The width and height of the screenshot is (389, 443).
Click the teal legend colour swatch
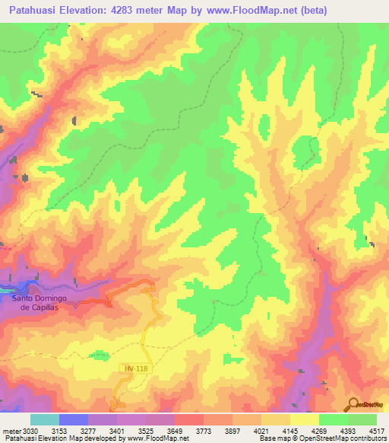click(44, 419)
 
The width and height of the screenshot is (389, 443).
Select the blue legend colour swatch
click(73, 419)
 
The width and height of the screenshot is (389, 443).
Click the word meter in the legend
click(11, 429)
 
